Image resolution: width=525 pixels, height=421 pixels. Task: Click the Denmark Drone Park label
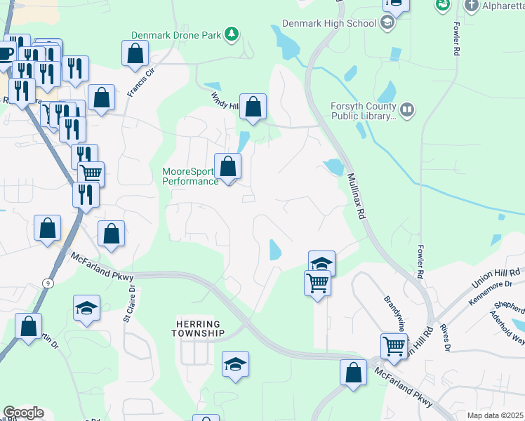coord(176,34)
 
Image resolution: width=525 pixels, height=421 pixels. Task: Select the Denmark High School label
coord(329,23)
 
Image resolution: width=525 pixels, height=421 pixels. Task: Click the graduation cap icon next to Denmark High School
coord(387,23)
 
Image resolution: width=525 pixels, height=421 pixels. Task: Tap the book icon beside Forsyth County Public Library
coord(406,110)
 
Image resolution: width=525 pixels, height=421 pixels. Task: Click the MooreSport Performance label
coord(190,176)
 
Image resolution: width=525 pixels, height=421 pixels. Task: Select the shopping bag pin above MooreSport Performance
coord(227,167)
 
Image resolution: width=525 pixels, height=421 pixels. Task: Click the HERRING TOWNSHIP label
coord(199,328)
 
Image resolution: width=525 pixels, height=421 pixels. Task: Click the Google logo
coord(23,413)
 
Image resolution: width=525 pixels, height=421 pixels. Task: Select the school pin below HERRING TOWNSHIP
coord(236,364)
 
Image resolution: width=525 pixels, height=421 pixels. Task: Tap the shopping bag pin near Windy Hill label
coord(253,107)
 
